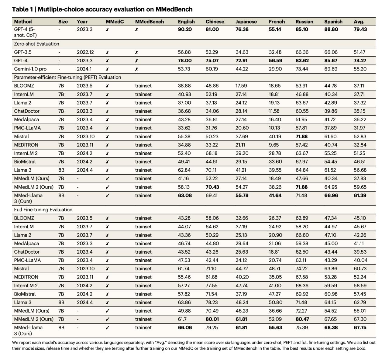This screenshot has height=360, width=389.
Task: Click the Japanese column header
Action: click(246, 22)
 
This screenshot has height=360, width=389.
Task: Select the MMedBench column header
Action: click(150, 22)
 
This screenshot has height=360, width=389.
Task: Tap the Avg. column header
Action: click(359, 22)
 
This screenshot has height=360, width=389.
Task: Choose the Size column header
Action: click(63, 22)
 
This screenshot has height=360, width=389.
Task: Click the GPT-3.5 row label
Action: click(23, 52)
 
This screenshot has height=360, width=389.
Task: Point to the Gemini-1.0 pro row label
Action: click(30, 69)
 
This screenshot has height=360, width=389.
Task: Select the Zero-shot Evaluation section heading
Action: click(37, 44)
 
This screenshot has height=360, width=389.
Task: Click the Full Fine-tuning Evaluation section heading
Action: click(43, 210)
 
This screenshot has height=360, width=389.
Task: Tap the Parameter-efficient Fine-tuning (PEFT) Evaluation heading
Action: click(67, 78)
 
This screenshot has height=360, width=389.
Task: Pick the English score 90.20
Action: click(185, 29)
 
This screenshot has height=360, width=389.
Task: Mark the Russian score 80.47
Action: click(302, 319)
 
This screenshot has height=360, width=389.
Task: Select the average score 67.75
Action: click(360, 327)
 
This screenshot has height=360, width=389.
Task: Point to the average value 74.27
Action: click(360, 61)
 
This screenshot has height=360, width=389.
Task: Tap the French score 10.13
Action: click(274, 128)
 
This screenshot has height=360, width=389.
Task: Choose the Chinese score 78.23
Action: click(212, 302)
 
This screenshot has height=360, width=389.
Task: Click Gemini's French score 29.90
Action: click(275, 69)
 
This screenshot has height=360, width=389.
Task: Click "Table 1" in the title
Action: click(22, 9)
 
